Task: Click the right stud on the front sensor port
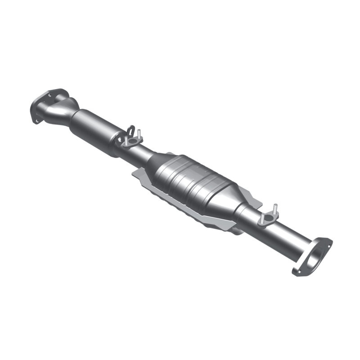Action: tap(140, 134)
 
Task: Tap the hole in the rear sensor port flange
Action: tap(268, 218)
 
